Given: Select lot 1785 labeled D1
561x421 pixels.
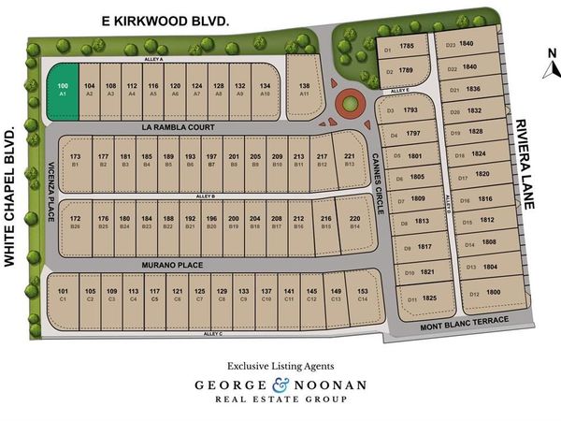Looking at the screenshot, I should pos(399,46).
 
